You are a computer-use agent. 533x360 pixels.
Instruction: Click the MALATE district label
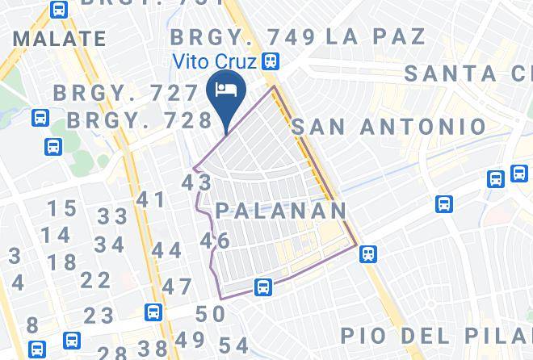coord(60,39)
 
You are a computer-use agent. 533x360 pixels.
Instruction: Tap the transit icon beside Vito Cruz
coord(271,61)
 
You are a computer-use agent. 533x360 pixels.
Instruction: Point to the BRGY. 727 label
coord(125,93)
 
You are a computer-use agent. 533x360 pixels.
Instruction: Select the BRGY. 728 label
coord(139,119)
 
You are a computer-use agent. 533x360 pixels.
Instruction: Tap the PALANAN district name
coord(280,211)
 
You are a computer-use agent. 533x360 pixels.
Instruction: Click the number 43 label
coord(196,182)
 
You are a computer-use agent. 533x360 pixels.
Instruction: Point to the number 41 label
coord(150,199)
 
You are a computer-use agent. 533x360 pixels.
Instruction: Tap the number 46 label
coord(215,241)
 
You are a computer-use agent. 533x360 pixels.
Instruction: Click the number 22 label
coord(95,280)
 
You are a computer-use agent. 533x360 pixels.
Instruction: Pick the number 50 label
coord(210,314)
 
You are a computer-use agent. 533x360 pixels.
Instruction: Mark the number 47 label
coord(177,287)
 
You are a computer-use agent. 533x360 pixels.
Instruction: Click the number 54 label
coord(233,343)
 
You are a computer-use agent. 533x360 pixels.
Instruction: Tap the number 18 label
coord(61,262)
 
